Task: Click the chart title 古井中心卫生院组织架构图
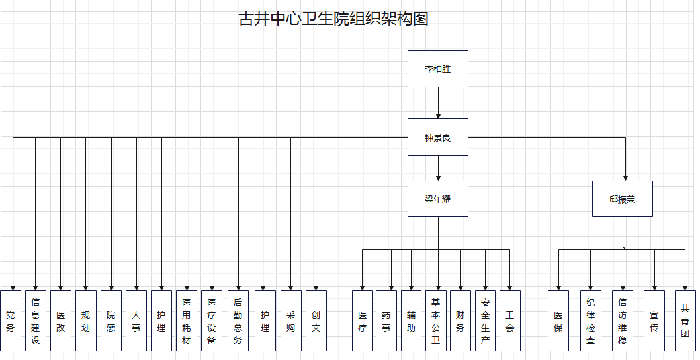click(x=333, y=19)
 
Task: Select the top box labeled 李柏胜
click(x=437, y=69)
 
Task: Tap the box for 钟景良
click(x=437, y=137)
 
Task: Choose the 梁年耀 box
click(x=437, y=199)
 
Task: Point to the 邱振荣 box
click(x=622, y=199)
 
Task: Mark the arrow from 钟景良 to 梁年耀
click(x=437, y=168)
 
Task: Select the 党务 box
click(x=11, y=320)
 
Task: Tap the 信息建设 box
click(x=36, y=320)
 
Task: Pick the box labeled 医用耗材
click(x=187, y=320)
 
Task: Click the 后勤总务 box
click(x=238, y=320)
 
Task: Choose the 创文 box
click(x=316, y=320)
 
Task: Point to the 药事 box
click(x=386, y=320)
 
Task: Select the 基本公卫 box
click(x=435, y=320)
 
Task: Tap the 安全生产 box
click(x=485, y=320)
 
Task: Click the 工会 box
click(x=509, y=320)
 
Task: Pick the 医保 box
click(x=558, y=320)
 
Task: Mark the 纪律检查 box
click(x=591, y=320)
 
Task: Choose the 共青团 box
click(x=685, y=320)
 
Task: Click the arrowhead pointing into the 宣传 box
click(x=654, y=286)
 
